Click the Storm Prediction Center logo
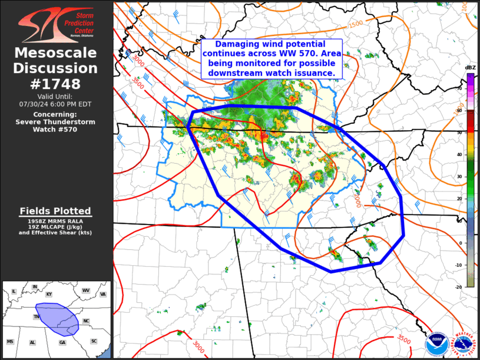(x=57, y=25)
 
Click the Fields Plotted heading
(x=55, y=211)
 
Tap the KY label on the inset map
(x=49, y=293)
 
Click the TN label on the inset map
(x=37, y=316)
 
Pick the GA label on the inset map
(x=62, y=342)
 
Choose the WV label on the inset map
(x=85, y=290)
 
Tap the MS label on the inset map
(x=10, y=342)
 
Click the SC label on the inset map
(x=94, y=341)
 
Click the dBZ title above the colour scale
(x=470, y=68)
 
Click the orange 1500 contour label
(x=355, y=24)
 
